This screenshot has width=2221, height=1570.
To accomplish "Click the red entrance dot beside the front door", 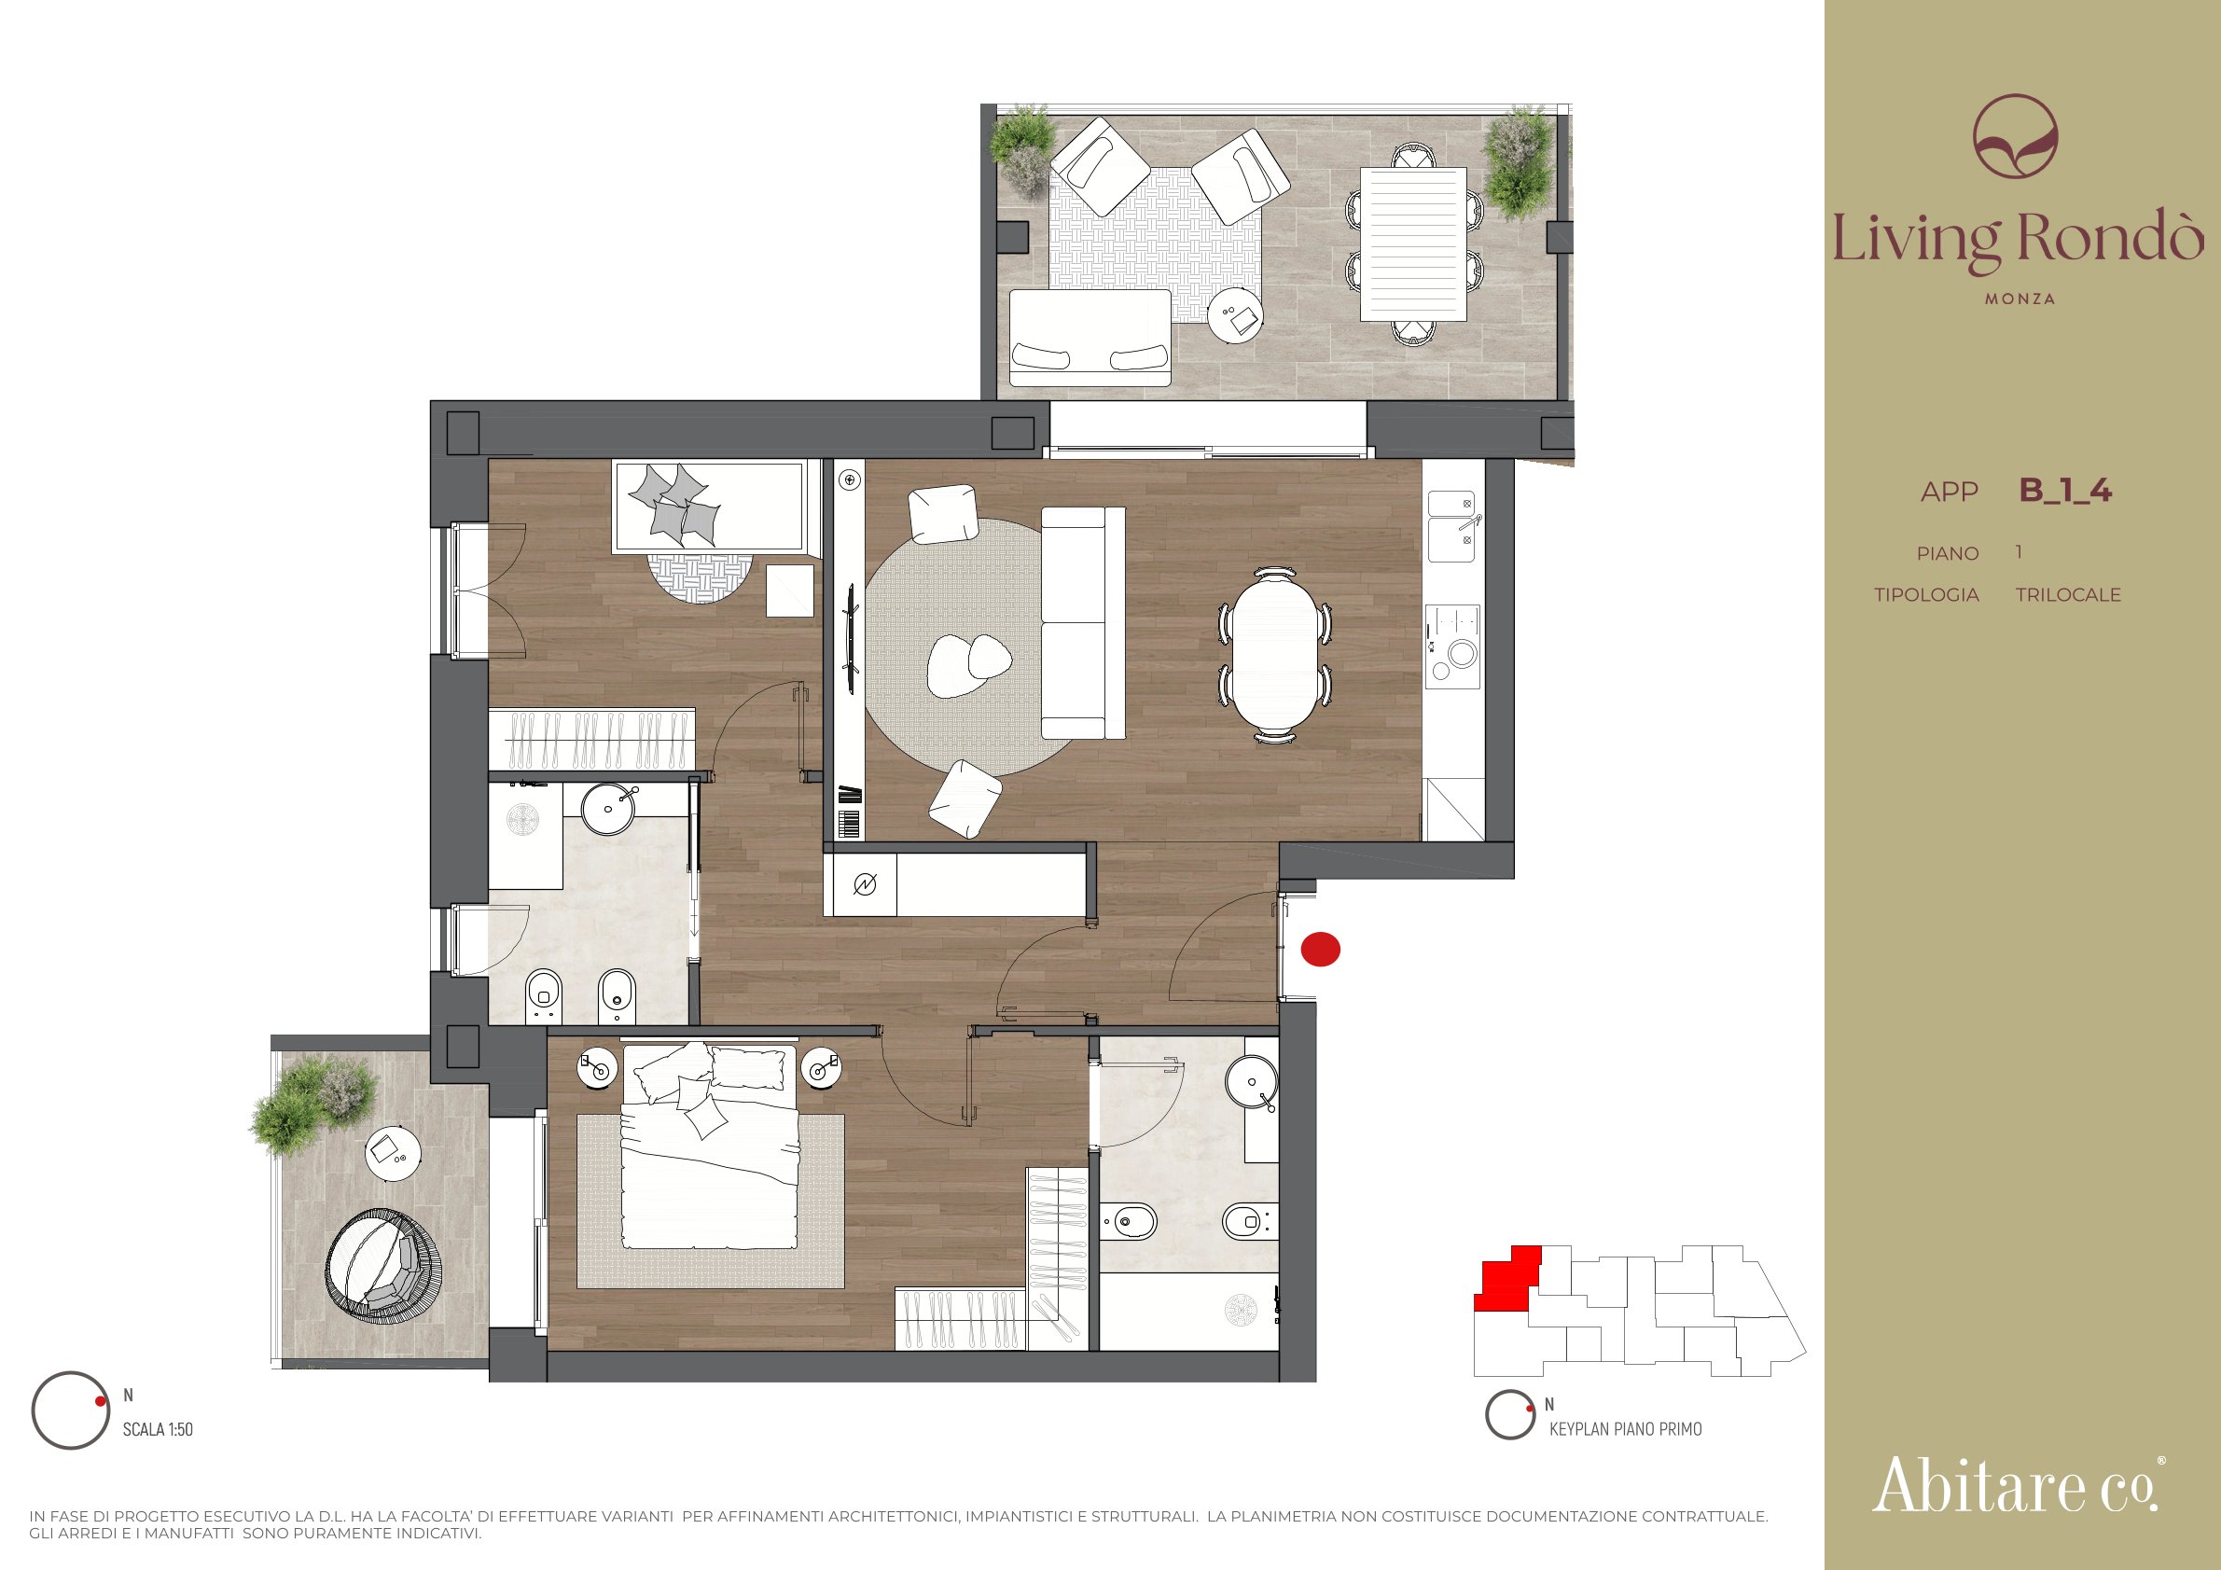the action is (x=1321, y=949).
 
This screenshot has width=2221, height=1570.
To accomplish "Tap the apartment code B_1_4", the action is (x=2065, y=491).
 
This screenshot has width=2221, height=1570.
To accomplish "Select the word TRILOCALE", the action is (x=2068, y=595).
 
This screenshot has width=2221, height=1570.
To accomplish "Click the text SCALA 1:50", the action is (x=158, y=1429).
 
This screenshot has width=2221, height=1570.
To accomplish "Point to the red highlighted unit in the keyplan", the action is (x=1507, y=1279).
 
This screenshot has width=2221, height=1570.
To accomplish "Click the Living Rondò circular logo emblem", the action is (x=2016, y=135).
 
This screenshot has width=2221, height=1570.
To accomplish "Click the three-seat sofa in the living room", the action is (x=1083, y=623).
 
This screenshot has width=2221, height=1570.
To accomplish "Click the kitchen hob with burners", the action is (x=1453, y=646).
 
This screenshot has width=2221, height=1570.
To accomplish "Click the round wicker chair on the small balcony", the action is (x=383, y=1265).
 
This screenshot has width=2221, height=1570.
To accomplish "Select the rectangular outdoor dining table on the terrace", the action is (x=1413, y=243).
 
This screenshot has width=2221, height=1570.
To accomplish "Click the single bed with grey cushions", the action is (x=709, y=507).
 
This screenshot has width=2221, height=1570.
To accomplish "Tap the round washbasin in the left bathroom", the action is (x=608, y=808).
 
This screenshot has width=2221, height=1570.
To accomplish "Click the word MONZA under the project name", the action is (x=2020, y=299).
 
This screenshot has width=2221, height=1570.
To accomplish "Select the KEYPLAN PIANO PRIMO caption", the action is (x=1625, y=1429).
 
